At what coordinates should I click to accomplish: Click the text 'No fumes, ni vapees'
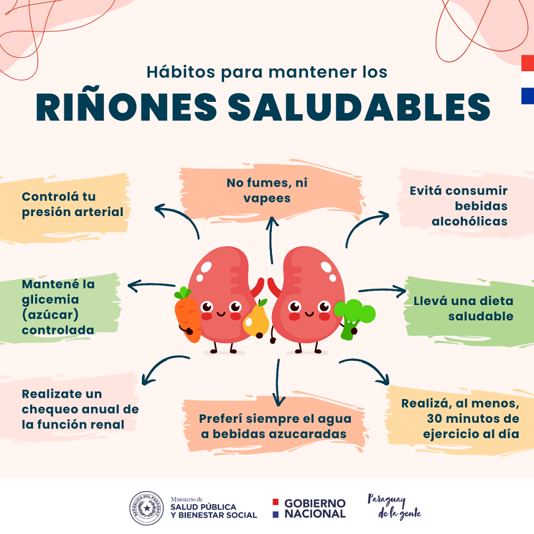click(266, 190)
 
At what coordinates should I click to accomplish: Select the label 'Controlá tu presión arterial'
click(72, 204)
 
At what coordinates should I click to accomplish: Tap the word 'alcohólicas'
click(470, 221)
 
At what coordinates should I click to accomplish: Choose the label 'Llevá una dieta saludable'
click(463, 309)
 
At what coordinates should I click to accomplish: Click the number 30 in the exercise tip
click(435, 419)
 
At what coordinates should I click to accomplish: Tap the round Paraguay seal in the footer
click(146, 508)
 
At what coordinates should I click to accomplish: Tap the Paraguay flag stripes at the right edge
click(527, 79)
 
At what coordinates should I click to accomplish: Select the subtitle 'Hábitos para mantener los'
click(266, 72)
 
